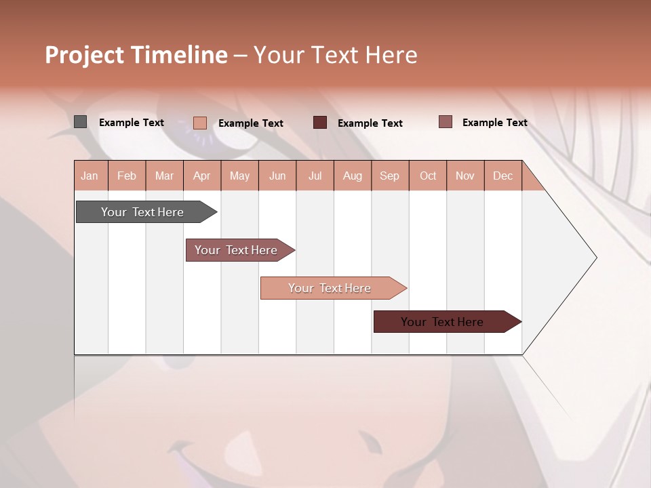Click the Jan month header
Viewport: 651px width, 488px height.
pyautogui.click(x=90, y=176)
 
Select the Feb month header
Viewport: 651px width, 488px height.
pyautogui.click(x=127, y=176)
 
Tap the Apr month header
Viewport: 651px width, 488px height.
pyautogui.click(x=201, y=176)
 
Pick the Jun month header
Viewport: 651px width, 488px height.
pyautogui.click(x=277, y=176)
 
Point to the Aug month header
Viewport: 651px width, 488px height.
pyautogui.click(x=352, y=176)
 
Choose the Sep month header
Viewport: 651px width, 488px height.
pyautogui.click(x=389, y=176)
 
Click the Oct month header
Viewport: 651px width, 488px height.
pyautogui.click(x=428, y=176)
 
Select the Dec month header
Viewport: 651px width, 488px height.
pyautogui.click(x=502, y=176)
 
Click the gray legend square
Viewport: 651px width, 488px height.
pyautogui.click(x=80, y=122)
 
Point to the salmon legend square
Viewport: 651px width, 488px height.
pyautogui.click(x=200, y=123)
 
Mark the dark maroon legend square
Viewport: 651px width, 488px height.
pyautogui.click(x=320, y=123)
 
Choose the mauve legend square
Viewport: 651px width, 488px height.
pyautogui.click(x=446, y=122)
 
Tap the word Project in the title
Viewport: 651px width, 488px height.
pyautogui.click(x=85, y=55)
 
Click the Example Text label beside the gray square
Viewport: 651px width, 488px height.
pyautogui.click(x=132, y=123)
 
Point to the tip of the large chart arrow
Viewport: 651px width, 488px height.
pyautogui.click(x=595, y=258)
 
